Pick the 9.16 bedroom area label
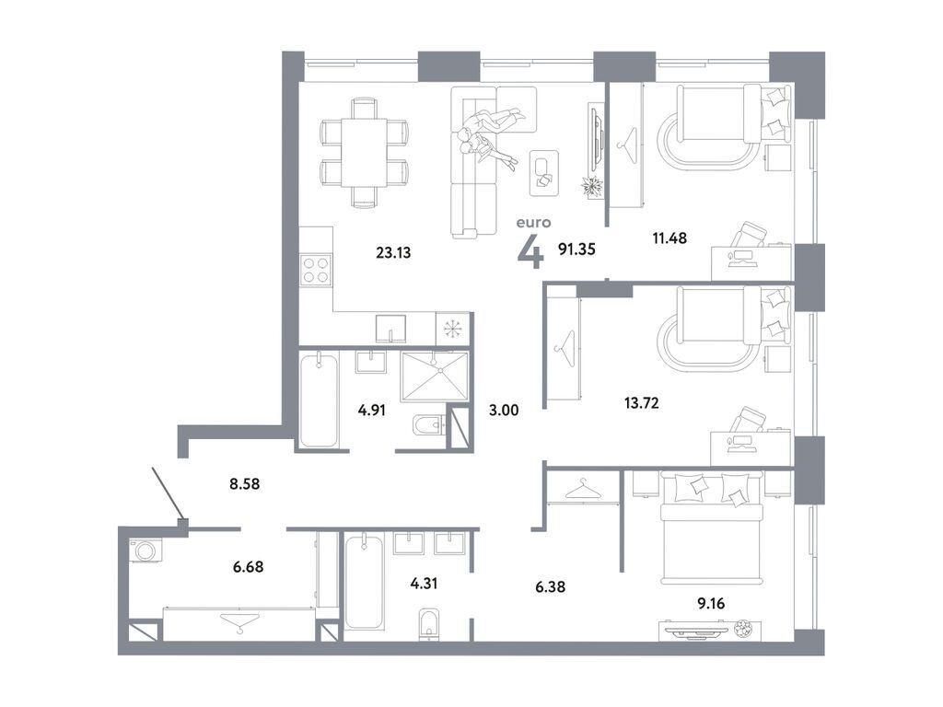point(716,604)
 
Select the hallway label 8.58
point(244,481)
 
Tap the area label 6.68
point(246,566)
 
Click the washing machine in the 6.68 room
point(144,550)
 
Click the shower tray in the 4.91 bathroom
point(434,377)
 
